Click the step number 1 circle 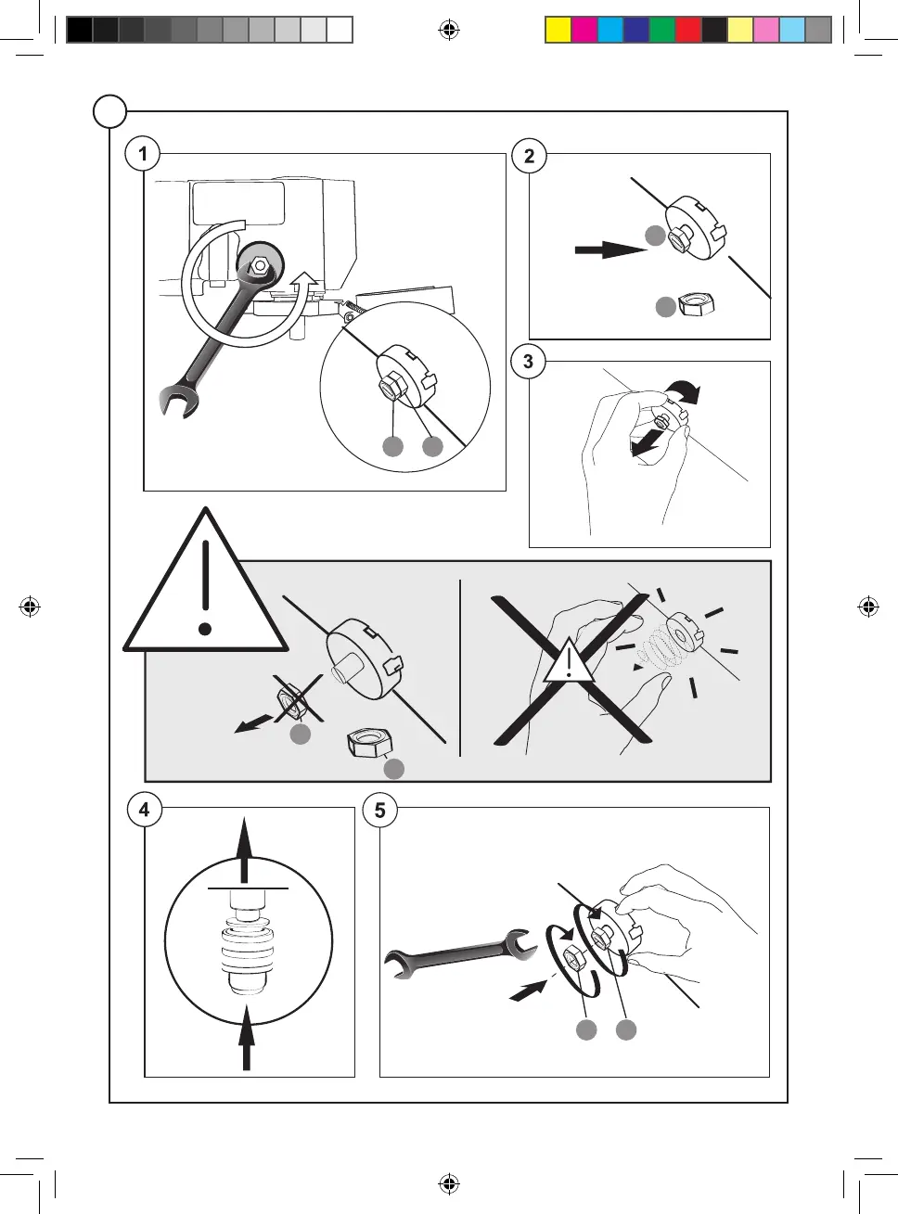tap(143, 153)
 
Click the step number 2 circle tap(529, 156)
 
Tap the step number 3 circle tap(528, 361)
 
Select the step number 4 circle tap(144, 810)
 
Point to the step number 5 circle tap(379, 810)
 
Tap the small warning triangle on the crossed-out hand tap(568, 662)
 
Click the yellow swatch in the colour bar tap(558, 30)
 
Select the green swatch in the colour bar tap(661, 30)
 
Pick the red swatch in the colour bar tap(687, 30)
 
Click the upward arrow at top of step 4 tap(244, 849)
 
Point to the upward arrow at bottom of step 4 tap(246, 1039)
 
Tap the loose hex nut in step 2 tap(695, 304)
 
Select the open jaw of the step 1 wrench tap(176, 403)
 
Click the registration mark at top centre tap(449, 31)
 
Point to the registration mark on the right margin tap(868, 607)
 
